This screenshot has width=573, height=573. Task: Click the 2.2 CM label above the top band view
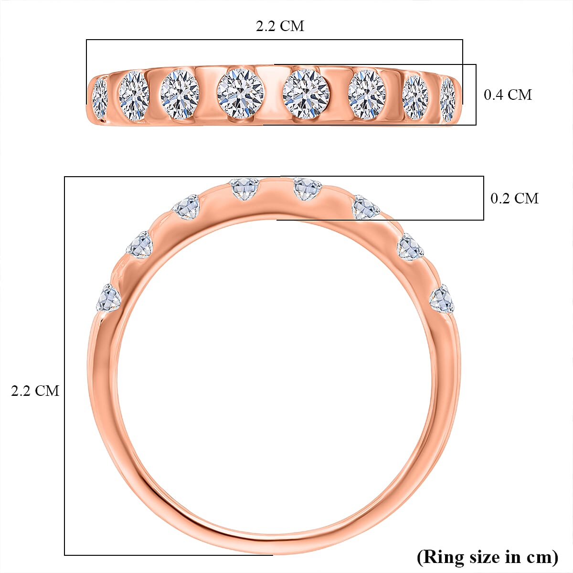point(280,26)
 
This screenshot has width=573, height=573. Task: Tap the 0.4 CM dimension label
point(508,95)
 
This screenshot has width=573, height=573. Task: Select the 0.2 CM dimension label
point(514,198)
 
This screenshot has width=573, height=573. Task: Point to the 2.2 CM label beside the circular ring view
point(35,391)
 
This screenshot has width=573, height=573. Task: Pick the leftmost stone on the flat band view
point(99,98)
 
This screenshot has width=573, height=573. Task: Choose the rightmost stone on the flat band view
point(447,99)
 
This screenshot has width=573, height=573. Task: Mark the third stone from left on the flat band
point(180,94)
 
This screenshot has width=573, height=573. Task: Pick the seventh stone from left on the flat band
point(415,97)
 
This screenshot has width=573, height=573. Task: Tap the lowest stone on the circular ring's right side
point(441,299)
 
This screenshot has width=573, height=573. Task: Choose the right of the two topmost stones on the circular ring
point(306,189)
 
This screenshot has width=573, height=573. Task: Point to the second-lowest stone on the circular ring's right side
point(410,246)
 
